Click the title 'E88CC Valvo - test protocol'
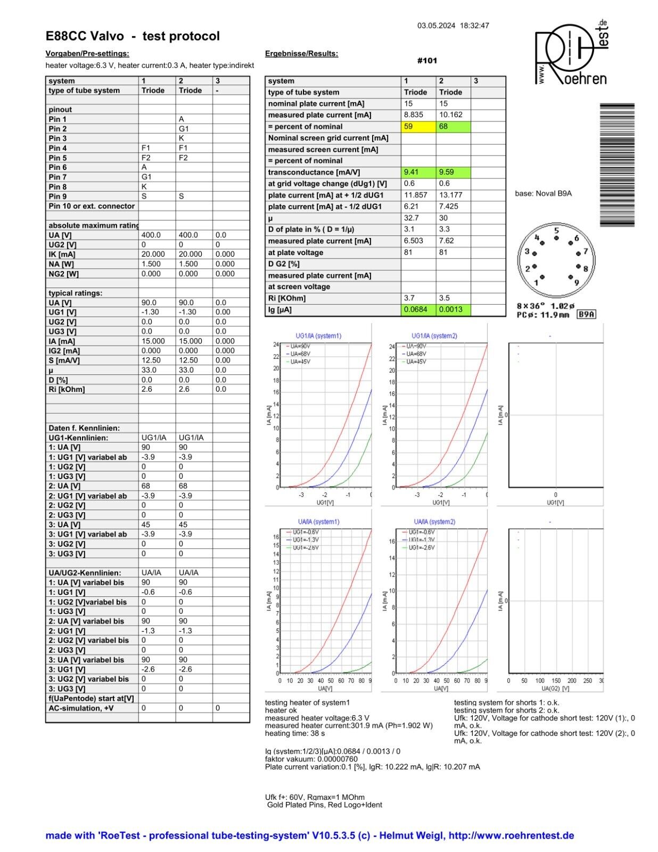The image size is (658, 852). coord(133,36)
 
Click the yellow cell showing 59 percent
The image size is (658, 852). coord(418,127)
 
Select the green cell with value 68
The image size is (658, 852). coord(453,127)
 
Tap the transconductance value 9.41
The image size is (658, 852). coord(418,172)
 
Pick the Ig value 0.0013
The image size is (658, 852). coord(453,309)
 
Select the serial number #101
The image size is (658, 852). coord(427,61)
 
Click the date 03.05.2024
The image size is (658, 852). coord(436,26)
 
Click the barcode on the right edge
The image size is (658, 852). coord(617,165)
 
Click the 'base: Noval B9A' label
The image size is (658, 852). coord(543,193)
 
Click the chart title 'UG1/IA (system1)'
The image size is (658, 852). coord(318,336)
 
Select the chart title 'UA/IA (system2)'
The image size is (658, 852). coord(434,522)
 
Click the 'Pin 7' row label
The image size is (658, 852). coord(57,177)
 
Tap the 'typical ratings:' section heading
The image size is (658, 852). coord(75,293)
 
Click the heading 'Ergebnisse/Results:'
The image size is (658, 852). coord(301,53)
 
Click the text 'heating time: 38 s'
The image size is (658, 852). coord(296,733)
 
